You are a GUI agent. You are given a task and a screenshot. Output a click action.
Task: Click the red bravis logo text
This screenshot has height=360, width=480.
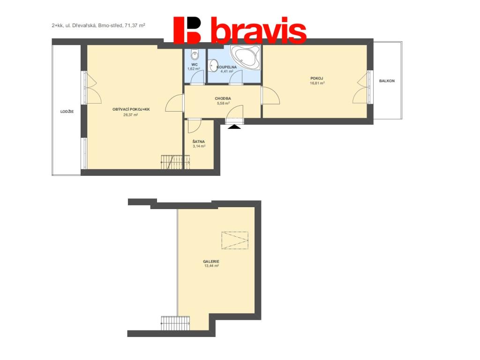tap(259, 30)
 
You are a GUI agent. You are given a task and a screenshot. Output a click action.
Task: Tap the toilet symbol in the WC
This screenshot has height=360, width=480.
tap(195, 54)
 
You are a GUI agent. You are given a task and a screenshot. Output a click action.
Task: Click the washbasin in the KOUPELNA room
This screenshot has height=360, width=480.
tap(212, 66)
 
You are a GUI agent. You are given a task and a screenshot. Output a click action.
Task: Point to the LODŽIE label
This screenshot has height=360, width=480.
tap(67, 112)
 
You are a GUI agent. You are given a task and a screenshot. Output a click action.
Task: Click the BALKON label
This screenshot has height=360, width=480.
tap(387, 81)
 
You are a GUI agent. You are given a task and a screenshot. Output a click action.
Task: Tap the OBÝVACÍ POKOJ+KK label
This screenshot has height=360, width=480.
tap(131, 109)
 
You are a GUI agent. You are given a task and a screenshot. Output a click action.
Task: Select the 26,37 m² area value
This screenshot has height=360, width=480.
tap(130, 115)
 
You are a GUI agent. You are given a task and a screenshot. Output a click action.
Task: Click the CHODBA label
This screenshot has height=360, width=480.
tap(223, 98)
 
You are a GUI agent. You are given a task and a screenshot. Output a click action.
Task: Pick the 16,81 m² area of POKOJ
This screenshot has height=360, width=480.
tap(317, 83)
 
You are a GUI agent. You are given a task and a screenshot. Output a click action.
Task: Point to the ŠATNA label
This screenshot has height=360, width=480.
tap(199, 142)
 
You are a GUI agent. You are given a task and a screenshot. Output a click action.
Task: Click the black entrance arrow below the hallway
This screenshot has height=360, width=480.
tap(234, 127)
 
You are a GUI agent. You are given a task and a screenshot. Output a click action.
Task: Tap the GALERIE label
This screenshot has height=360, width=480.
tap(211, 262)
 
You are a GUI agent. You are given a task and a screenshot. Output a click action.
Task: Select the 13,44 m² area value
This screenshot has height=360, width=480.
tap(211, 266)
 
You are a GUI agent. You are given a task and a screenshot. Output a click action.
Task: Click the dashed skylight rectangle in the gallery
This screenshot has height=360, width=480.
tap(235, 240)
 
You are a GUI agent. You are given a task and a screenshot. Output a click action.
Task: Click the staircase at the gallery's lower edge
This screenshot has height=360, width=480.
tap(175, 323)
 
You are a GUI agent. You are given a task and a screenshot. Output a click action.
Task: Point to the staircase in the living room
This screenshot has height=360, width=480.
tap(175, 162)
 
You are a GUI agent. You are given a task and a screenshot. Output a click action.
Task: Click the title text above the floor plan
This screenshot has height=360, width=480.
tap(98, 26)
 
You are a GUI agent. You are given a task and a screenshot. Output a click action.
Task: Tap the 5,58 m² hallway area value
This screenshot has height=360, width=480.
tap(223, 104)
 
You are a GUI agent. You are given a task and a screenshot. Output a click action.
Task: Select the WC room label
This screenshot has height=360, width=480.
tap(195, 65)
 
